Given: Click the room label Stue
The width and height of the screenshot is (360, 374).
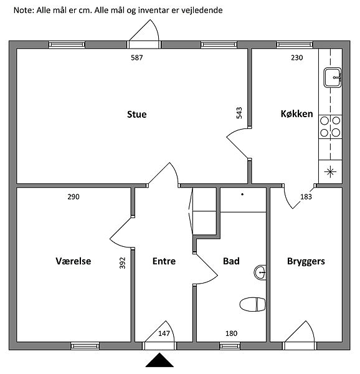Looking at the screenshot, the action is click(137, 115).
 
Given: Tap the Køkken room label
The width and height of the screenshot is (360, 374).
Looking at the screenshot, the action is click(297, 114).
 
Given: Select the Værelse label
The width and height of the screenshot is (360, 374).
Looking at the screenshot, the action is click(73, 261).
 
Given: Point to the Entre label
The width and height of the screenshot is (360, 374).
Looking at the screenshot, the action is click(164, 261).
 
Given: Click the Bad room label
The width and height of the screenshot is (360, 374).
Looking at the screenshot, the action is click(231, 261).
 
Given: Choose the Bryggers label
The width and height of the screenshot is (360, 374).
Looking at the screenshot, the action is click(306, 261).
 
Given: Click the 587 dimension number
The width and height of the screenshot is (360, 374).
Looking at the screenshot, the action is click(137, 58).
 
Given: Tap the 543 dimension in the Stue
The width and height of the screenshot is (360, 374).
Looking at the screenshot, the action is click(239, 113).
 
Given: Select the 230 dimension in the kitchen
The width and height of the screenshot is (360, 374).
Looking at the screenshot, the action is click(297, 58).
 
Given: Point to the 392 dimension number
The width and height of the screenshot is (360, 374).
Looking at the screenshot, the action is click(122, 263).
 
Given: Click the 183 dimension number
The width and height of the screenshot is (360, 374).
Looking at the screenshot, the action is click(306, 197).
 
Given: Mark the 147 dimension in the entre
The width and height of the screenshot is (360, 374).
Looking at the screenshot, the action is click(164, 333).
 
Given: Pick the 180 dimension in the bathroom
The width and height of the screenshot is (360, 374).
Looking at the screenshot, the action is click(231, 333).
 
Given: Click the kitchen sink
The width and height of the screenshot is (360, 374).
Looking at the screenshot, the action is click(333, 77).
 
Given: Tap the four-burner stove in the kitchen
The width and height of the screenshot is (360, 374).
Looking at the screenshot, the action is click(331, 127).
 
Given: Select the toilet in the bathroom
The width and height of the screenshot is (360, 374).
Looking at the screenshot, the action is click(252, 304).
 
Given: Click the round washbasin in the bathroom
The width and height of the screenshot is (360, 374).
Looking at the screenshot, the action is click(260, 272).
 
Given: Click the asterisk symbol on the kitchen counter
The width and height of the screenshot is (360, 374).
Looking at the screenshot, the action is click(330, 171).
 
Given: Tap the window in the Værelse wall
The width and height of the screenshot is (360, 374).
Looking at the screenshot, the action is click(85, 346).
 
